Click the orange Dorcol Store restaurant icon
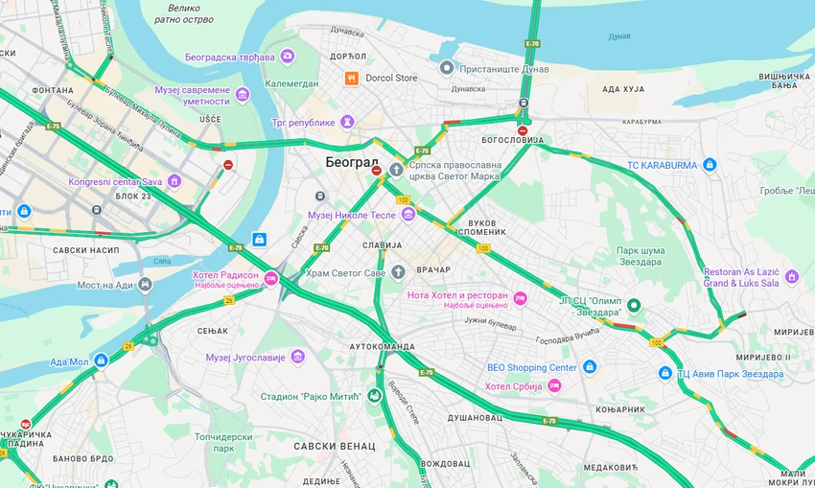point(352,78)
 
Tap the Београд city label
point(351,161)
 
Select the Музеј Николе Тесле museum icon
point(408,215)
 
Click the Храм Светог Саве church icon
point(398,245)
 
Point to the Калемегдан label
point(292,83)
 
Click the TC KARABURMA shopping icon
point(710,165)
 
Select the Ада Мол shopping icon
point(101,360)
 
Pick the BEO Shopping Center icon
point(590,367)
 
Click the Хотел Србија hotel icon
point(554,385)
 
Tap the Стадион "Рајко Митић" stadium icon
point(373,396)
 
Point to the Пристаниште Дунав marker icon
point(447,67)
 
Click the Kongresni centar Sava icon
point(174,181)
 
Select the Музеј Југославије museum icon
point(298,357)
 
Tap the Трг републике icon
point(347,122)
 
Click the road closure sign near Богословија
point(523,130)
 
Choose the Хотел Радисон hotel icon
point(271,279)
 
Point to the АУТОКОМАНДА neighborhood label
point(382,346)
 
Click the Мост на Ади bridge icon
point(145,285)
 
